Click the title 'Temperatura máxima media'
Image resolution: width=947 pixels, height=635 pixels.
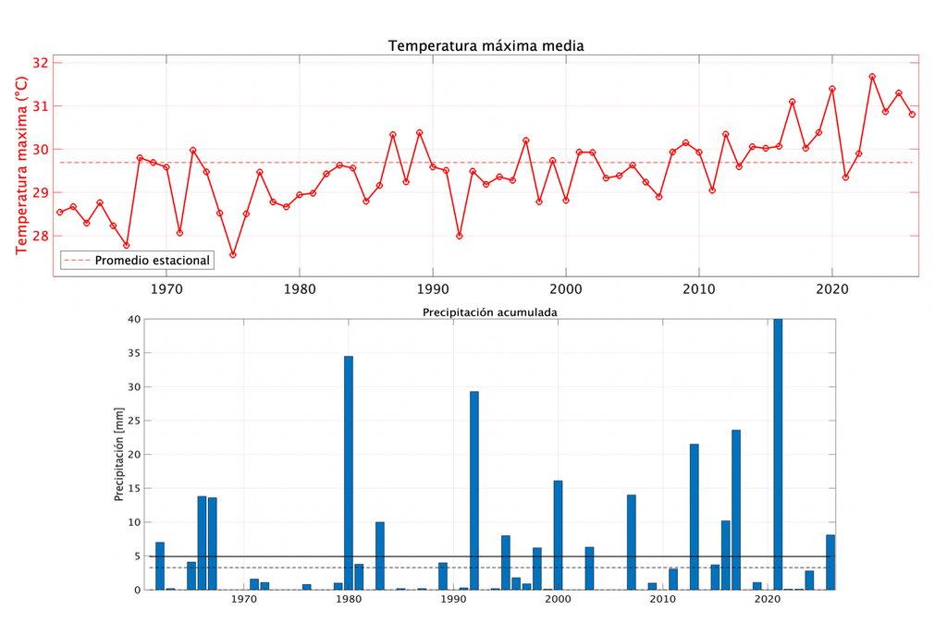pos(486,45)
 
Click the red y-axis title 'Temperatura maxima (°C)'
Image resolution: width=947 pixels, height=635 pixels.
pos(21,165)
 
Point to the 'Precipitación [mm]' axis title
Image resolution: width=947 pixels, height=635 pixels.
pos(119,455)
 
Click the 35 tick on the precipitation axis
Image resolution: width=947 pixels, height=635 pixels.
pos(133,353)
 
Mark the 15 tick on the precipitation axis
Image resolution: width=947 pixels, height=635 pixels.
pos(133,488)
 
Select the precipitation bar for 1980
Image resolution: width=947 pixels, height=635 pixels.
pos(349,472)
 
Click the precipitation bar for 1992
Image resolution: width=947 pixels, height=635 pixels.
pos(474,490)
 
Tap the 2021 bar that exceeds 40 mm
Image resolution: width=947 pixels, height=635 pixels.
pos(778,454)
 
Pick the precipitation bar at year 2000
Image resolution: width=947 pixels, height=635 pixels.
pos(558,534)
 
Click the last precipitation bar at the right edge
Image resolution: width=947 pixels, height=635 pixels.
pos(830,562)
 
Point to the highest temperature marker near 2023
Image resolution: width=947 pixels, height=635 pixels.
pos(872,77)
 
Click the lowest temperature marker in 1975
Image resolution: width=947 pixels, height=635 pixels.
pos(233,254)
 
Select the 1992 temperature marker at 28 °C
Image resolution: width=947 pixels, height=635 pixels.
pos(460,236)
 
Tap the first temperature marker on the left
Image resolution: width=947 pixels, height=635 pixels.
pos(60,212)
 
